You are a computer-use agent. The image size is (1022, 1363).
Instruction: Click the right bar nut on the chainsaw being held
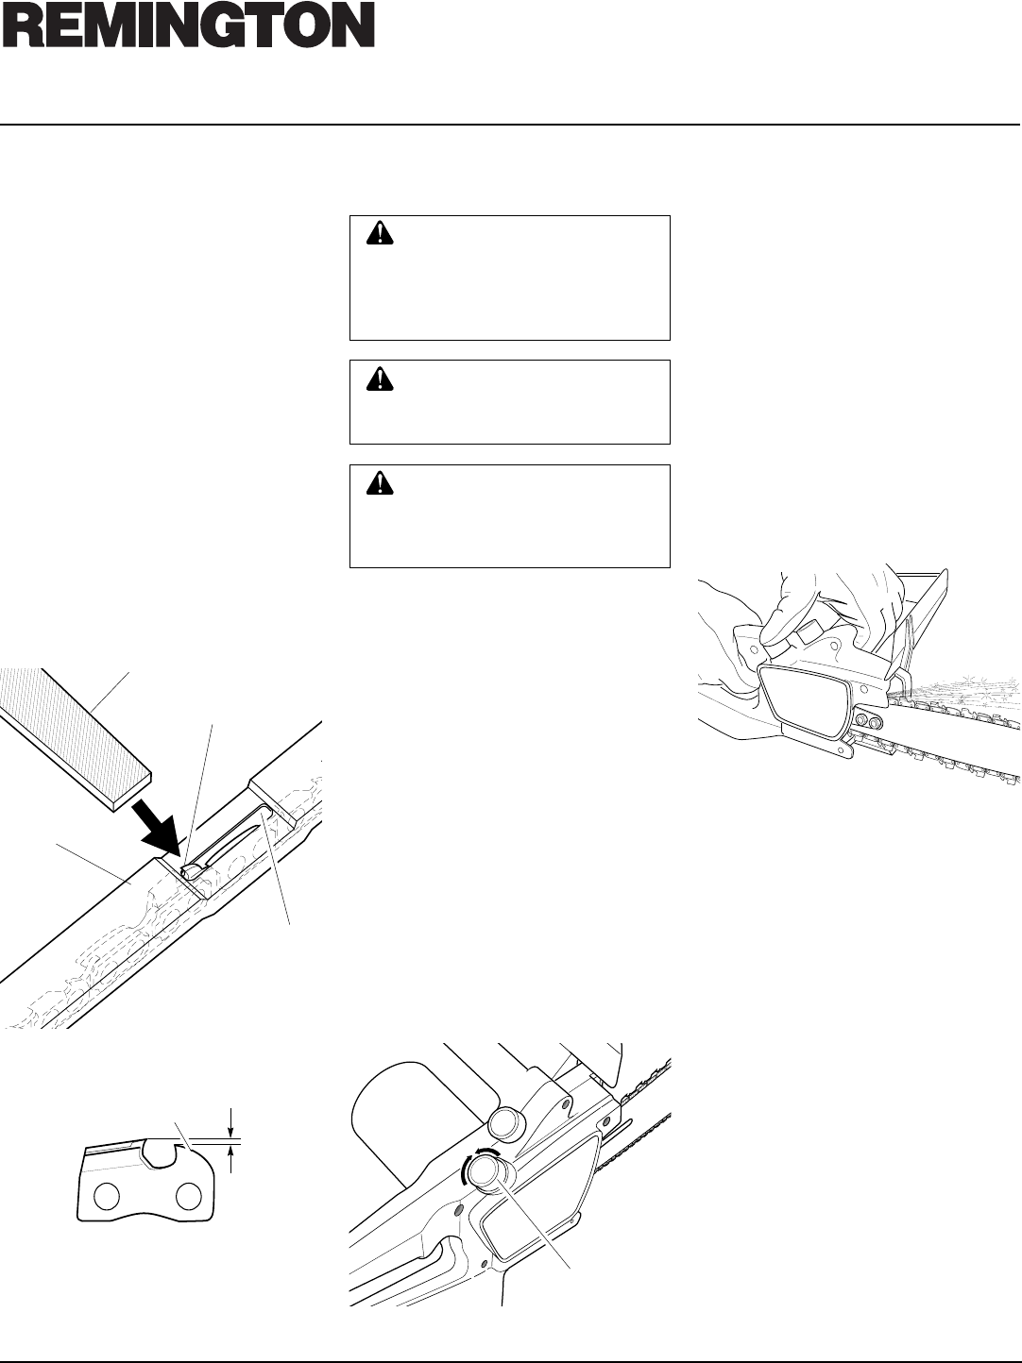tap(878, 722)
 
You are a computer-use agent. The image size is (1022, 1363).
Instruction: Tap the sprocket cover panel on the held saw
tap(803, 697)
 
